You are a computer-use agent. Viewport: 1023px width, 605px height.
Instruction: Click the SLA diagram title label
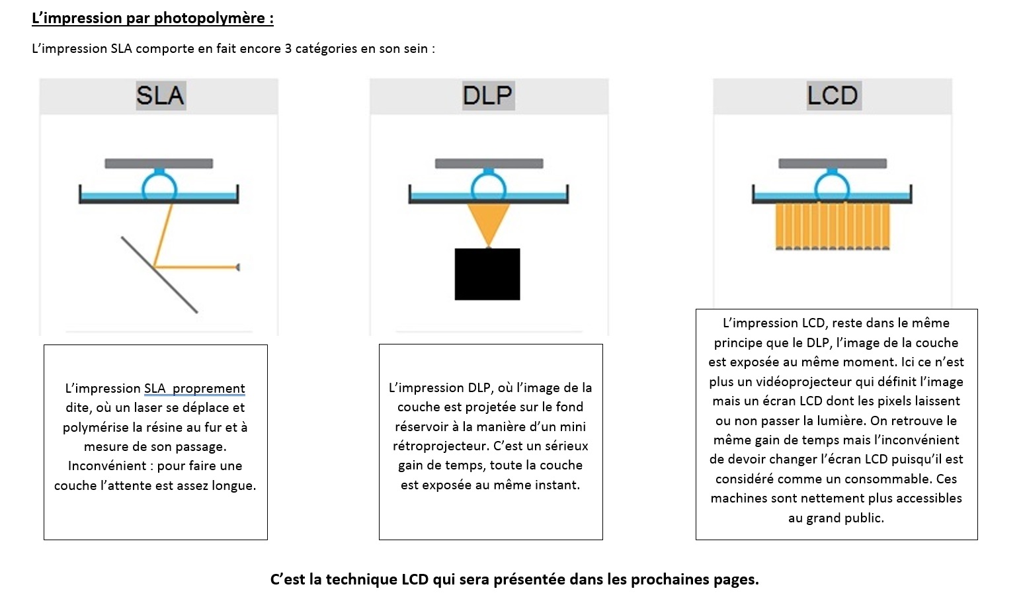(x=160, y=96)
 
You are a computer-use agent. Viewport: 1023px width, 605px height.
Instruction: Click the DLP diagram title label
(x=488, y=96)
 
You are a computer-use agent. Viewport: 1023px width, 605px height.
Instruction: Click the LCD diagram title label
(x=832, y=96)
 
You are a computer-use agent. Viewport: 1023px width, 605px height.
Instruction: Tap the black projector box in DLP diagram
(x=487, y=274)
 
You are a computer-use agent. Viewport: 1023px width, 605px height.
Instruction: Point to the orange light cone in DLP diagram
(x=489, y=222)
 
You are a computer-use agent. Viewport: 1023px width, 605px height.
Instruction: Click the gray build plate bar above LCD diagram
(x=833, y=163)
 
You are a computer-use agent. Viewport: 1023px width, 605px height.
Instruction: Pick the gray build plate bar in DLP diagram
(x=489, y=163)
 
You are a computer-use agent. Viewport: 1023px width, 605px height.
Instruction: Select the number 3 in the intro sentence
(x=288, y=49)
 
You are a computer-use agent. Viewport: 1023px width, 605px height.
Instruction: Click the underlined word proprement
(x=208, y=388)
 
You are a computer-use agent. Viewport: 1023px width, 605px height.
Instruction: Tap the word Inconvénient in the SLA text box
(x=108, y=466)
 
